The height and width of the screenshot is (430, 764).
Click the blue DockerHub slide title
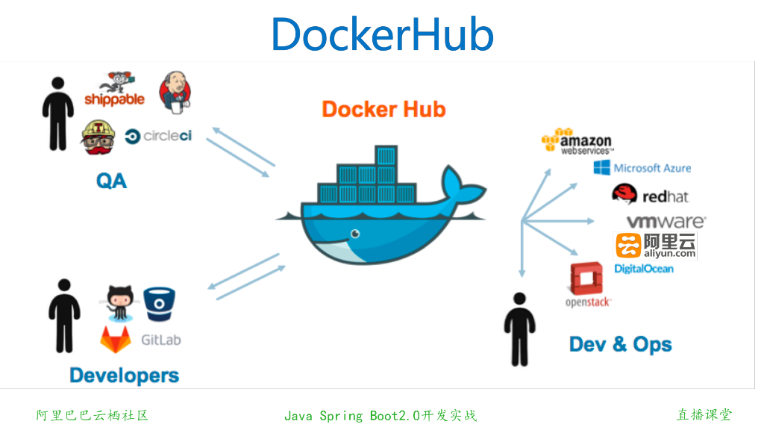382,34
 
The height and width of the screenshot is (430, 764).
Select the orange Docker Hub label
383,110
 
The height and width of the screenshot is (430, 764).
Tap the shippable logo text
114,99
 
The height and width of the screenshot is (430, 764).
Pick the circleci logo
159,136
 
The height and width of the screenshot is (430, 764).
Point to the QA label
111,180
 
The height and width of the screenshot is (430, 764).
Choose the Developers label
125,375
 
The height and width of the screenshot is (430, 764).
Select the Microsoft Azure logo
642,168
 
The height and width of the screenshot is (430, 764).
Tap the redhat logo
650,195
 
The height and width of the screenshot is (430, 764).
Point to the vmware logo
666,222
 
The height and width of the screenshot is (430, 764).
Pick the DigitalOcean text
643,269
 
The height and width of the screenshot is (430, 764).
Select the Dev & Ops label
620,344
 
